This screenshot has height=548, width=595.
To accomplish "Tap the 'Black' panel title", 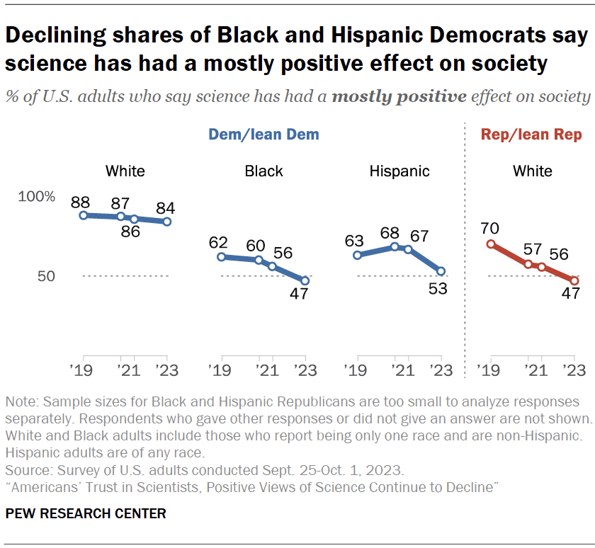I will [263, 171].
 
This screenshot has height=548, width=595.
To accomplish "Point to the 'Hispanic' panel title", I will [399, 171].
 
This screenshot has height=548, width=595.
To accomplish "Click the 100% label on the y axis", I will [36, 196].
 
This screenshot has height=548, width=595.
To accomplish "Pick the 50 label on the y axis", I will [46, 276].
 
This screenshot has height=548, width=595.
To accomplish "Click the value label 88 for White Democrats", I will [81, 202].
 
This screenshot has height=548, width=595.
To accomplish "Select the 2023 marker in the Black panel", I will [305, 280].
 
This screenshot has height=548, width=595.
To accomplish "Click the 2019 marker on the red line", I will [490, 244].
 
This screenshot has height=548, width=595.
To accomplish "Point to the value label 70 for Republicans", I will [489, 228].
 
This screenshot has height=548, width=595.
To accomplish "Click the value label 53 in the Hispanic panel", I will [439, 291].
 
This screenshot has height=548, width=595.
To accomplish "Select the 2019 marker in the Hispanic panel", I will [357, 255].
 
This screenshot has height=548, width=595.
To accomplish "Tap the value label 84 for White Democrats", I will [165, 208].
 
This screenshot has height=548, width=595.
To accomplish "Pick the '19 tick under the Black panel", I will [220, 370].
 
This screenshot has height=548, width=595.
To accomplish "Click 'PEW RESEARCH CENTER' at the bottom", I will [86, 513].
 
